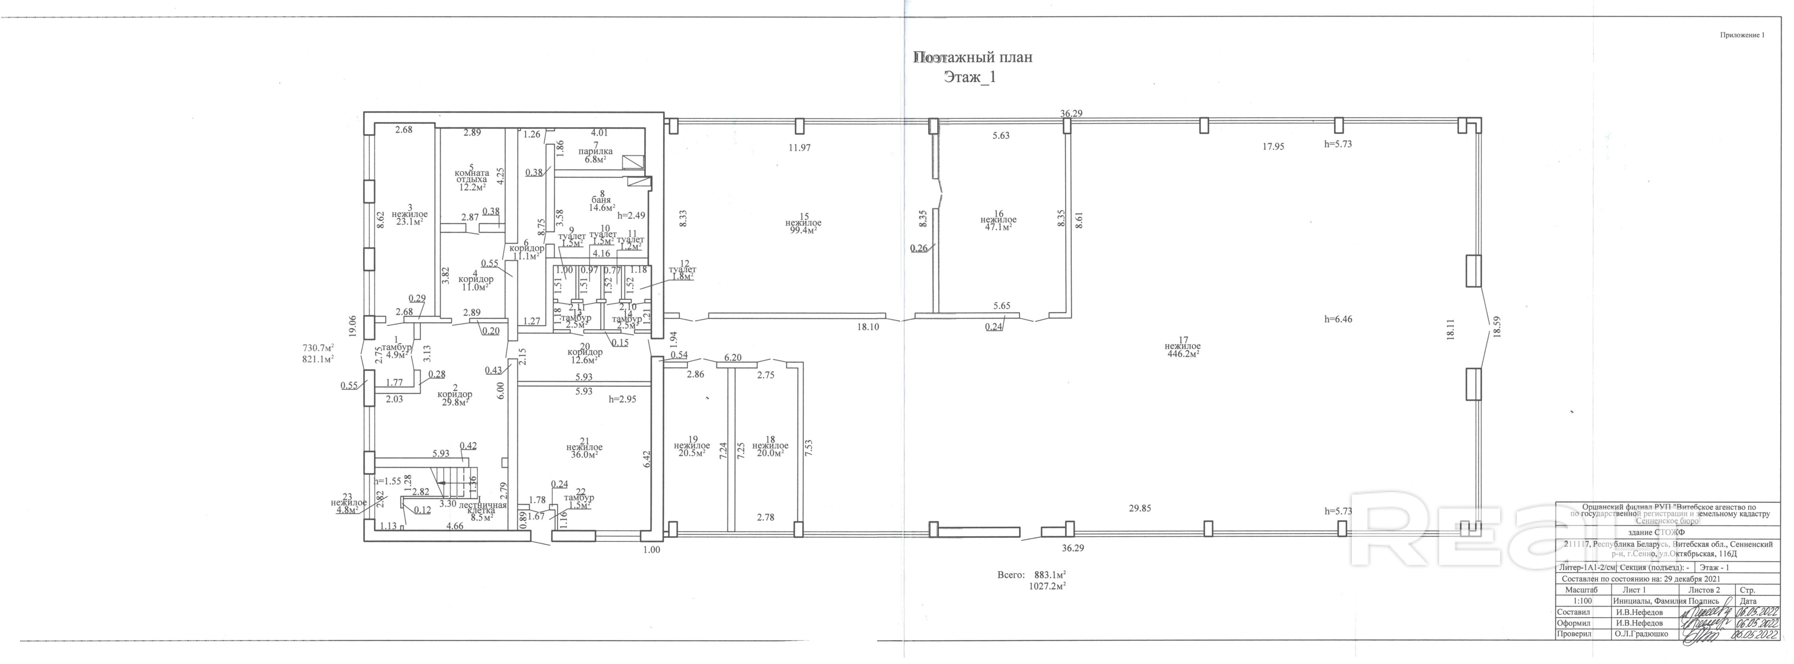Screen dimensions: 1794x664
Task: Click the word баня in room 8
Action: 600,200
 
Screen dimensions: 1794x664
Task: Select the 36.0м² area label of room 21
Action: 584,454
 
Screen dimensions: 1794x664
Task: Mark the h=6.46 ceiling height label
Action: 1338,319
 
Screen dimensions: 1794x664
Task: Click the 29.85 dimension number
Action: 1140,508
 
